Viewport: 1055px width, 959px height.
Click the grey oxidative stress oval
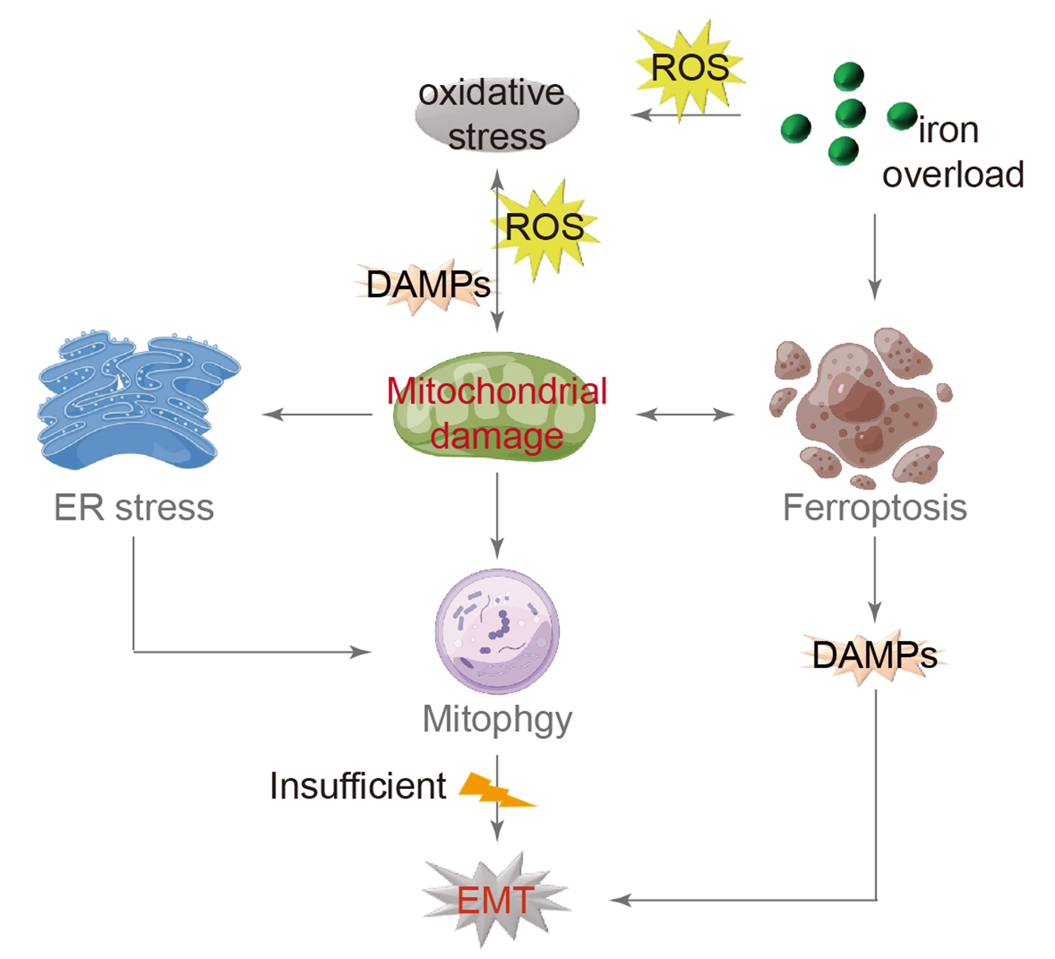(x=497, y=116)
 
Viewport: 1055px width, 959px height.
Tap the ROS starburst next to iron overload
(x=690, y=69)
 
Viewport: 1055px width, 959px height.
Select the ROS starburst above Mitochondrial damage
(x=547, y=229)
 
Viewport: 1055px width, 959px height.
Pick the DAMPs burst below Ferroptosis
(x=874, y=656)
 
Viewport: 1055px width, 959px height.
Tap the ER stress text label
(x=133, y=508)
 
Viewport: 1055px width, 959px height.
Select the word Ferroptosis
(x=875, y=508)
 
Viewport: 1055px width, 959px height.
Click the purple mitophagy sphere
(x=497, y=631)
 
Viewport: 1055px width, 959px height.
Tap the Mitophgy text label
(x=497, y=720)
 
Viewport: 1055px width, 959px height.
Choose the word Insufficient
(x=357, y=786)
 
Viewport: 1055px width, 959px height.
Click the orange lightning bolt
(x=497, y=790)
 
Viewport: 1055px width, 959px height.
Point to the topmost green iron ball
(x=848, y=77)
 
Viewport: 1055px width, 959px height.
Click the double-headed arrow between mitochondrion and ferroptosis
(x=685, y=414)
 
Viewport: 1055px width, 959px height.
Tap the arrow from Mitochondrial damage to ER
(x=318, y=414)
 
